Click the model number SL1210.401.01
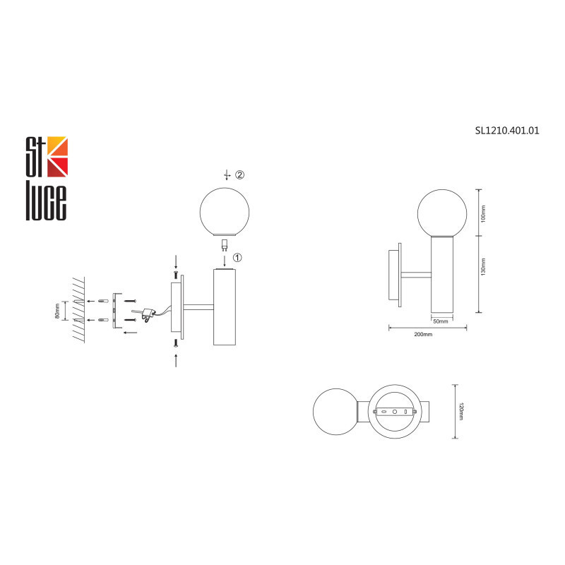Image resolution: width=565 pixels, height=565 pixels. point(507,131)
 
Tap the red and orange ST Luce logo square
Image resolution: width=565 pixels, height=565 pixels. point(56,156)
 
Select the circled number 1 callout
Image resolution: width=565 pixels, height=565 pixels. point(237,257)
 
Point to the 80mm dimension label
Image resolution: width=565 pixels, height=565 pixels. point(57,310)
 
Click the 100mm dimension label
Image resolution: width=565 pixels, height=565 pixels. point(483,213)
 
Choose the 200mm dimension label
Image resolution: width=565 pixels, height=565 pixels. point(423,334)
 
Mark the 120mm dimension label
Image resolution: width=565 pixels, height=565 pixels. point(460,412)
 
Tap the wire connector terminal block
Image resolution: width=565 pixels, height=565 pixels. point(148,313)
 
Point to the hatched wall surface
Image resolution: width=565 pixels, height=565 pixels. point(78,310)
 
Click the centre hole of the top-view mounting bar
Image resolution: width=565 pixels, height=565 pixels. point(395,411)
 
